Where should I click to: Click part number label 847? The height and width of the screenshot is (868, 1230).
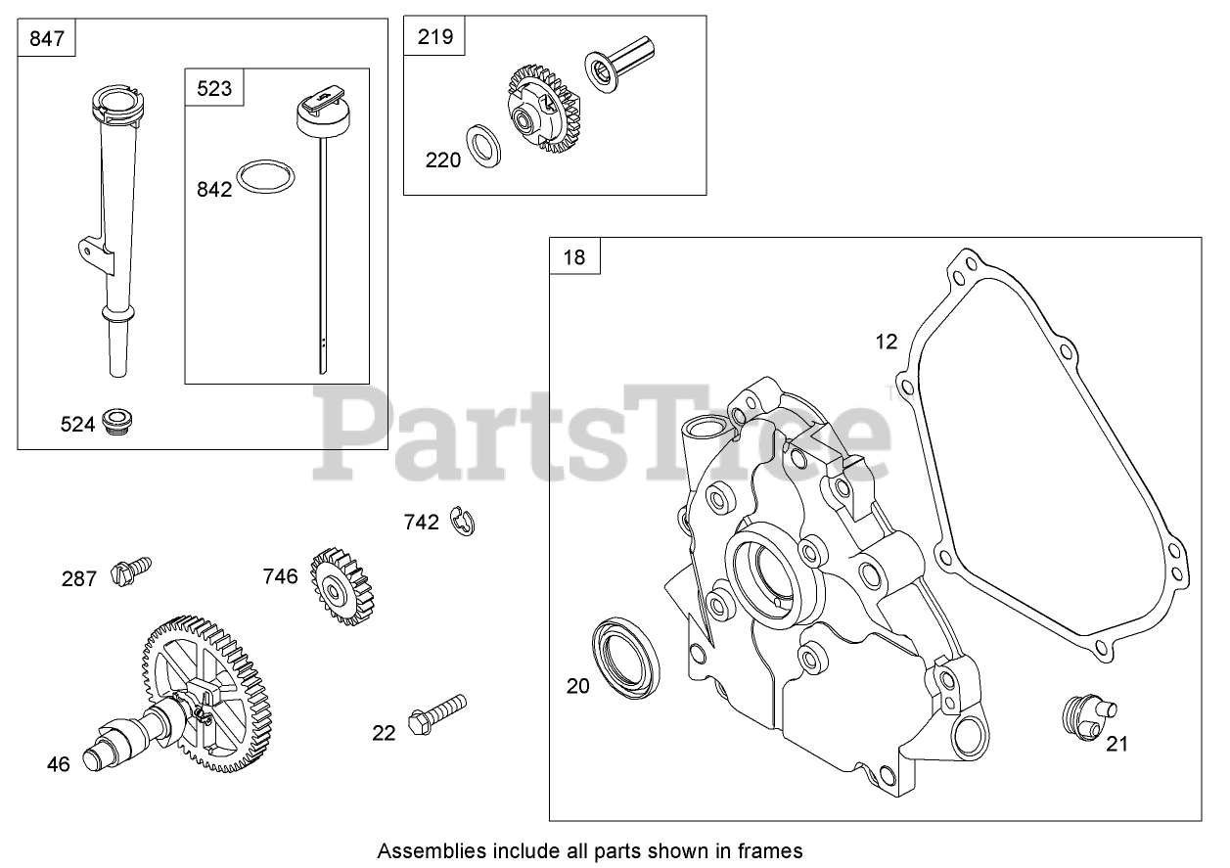pyautogui.click(x=46, y=39)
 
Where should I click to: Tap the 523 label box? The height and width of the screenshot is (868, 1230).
pyautogui.click(x=214, y=88)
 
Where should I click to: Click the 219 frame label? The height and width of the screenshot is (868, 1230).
pyautogui.click(x=434, y=37)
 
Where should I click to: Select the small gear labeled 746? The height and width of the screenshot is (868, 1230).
pyautogui.click(x=342, y=587)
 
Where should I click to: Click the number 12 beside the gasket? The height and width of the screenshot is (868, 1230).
pyautogui.click(x=886, y=342)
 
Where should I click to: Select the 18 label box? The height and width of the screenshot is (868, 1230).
pyautogui.click(x=574, y=257)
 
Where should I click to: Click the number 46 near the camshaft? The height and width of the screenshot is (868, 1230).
pyautogui.click(x=59, y=763)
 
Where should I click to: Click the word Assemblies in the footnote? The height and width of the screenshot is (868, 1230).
pyautogui.click(x=423, y=849)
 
